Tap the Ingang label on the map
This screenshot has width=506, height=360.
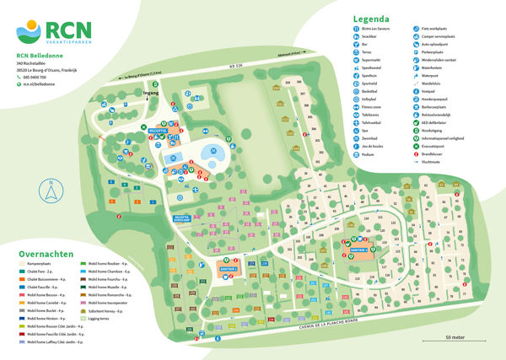(151, 94)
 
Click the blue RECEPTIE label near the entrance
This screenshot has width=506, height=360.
(158, 132)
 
